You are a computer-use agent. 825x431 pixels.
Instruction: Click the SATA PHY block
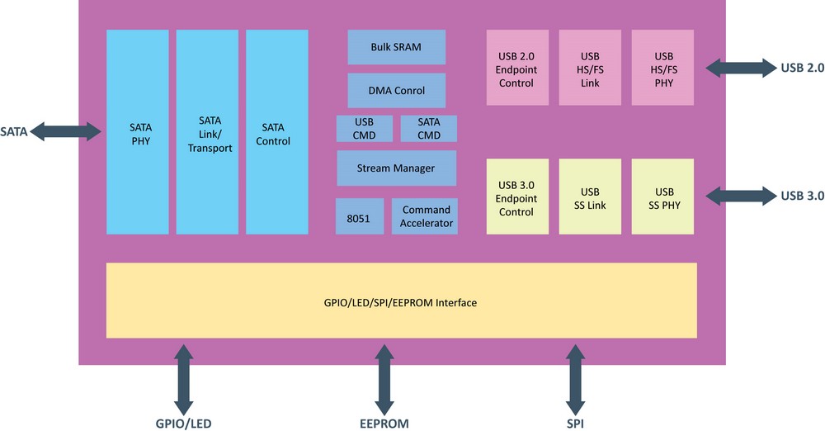(138, 132)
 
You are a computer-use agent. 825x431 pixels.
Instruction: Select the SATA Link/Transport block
(207, 132)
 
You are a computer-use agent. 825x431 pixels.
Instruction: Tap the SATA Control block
(276, 132)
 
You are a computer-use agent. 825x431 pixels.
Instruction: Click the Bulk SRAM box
(396, 47)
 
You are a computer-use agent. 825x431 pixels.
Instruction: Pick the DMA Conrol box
(396, 90)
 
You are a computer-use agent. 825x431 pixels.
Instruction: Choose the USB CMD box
(364, 129)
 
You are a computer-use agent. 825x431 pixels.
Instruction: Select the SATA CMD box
(428, 129)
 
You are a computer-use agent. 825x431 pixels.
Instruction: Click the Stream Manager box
(396, 168)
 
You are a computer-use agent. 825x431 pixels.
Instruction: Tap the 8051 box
(359, 216)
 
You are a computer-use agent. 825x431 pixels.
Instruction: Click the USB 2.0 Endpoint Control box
(516, 68)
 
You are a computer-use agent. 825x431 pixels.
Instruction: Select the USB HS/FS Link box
(590, 68)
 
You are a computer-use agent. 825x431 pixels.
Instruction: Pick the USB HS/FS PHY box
(662, 68)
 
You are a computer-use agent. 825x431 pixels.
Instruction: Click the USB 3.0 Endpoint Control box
(516, 197)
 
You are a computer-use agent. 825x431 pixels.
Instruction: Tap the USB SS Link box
(590, 197)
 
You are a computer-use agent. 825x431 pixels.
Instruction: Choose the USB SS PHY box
(662, 197)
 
